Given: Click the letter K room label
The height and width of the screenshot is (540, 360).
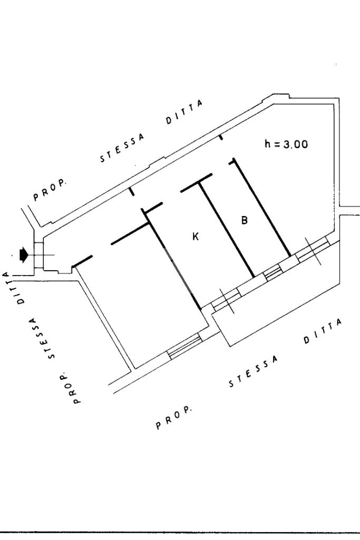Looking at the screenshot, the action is pos(196,238).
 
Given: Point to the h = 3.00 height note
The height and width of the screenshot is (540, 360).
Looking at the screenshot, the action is pos(286,144).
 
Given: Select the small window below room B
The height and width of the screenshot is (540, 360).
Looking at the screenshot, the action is pos(273,272).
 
